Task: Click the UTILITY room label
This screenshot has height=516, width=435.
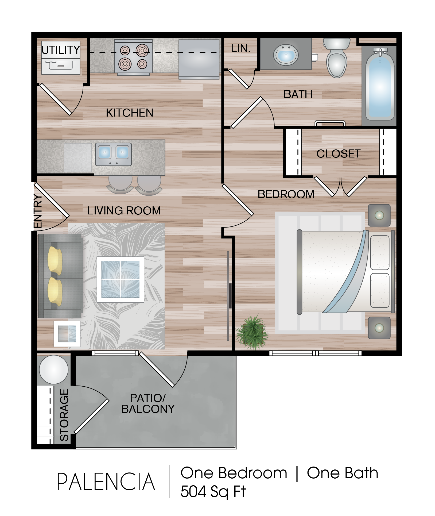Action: pos(61,50)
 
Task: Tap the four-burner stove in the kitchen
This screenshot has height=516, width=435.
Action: pos(133,57)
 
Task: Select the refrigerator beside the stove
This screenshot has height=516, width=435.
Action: pos(199,59)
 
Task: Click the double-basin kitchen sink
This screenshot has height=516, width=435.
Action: pos(114,154)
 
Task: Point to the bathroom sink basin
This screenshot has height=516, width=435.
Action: pos(286,55)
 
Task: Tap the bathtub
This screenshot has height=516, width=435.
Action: pos(380,84)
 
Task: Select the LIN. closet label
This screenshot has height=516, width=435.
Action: pos(240,49)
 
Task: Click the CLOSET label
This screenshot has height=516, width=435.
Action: pos(339,154)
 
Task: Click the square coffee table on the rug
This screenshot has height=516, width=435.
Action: pos(121,279)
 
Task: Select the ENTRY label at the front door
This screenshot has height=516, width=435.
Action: pos(38,211)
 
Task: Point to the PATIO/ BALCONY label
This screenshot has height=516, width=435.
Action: pos(148,403)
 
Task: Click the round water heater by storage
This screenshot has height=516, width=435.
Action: pos(54,370)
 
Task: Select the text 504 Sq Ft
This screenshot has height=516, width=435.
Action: pos(213,492)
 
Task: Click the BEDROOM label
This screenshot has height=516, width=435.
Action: pos(286,194)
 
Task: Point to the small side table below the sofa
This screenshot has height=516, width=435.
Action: pos(67,334)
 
